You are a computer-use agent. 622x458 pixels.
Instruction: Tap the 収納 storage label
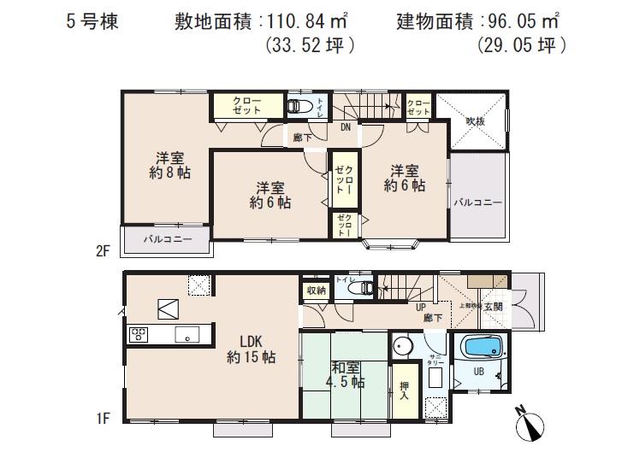coord(314,291)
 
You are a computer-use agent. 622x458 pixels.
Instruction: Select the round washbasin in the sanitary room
coord(402,349)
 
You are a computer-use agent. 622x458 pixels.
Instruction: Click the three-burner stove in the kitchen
coord(139,335)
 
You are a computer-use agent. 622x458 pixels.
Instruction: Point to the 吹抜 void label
coord(475,121)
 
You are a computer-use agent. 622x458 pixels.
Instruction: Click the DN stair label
coord(346,127)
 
